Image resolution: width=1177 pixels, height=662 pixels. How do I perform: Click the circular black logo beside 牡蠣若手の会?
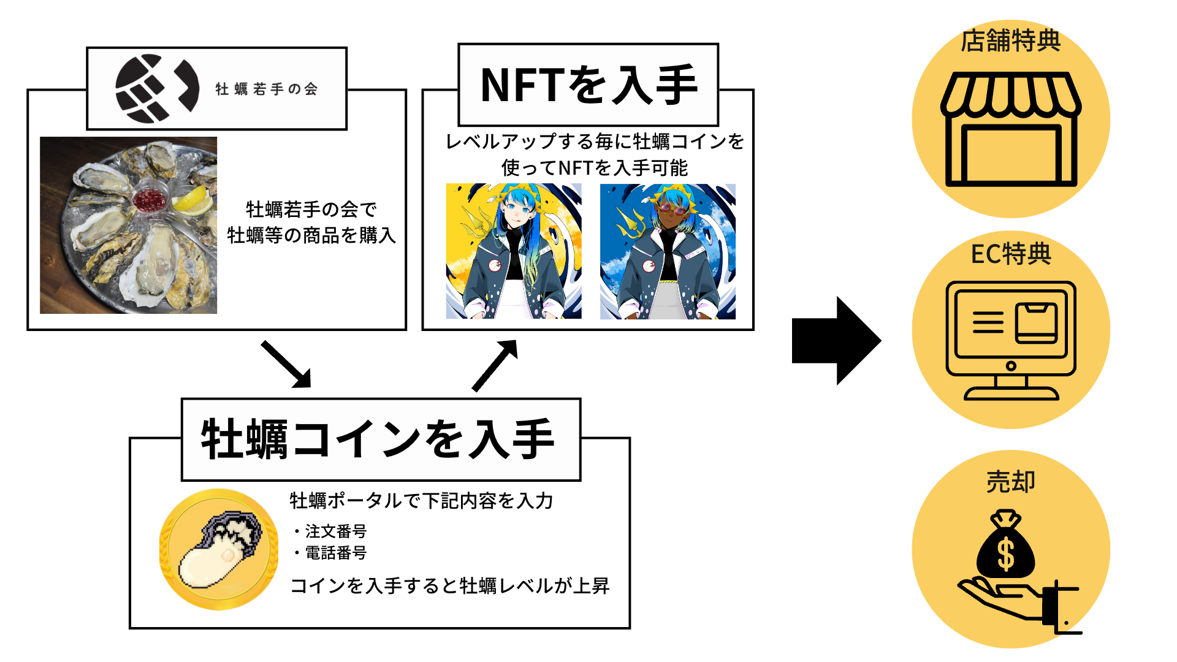click(x=157, y=88)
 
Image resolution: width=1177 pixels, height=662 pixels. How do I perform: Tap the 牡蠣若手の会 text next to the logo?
click(x=267, y=89)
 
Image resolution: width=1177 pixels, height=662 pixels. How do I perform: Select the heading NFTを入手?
click(x=588, y=85)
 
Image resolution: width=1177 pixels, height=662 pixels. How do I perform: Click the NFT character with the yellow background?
click(x=514, y=251)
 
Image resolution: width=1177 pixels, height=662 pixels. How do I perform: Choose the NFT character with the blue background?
click(x=668, y=251)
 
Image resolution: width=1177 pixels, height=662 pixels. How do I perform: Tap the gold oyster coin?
click(x=219, y=549)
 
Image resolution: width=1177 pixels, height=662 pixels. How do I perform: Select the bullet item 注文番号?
click(x=336, y=531)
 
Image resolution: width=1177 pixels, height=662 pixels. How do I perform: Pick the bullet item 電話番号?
click(x=336, y=553)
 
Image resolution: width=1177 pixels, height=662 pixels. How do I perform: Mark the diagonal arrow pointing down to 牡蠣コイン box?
click(x=286, y=365)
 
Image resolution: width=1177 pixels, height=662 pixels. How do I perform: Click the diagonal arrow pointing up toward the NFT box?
click(x=495, y=365)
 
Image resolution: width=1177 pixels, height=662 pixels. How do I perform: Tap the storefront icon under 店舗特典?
click(x=1011, y=130)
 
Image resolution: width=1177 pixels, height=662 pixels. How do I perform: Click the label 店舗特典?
click(x=1011, y=40)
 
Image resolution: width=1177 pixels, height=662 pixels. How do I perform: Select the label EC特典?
click(x=1011, y=253)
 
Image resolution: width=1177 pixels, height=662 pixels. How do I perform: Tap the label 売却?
click(x=1011, y=482)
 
